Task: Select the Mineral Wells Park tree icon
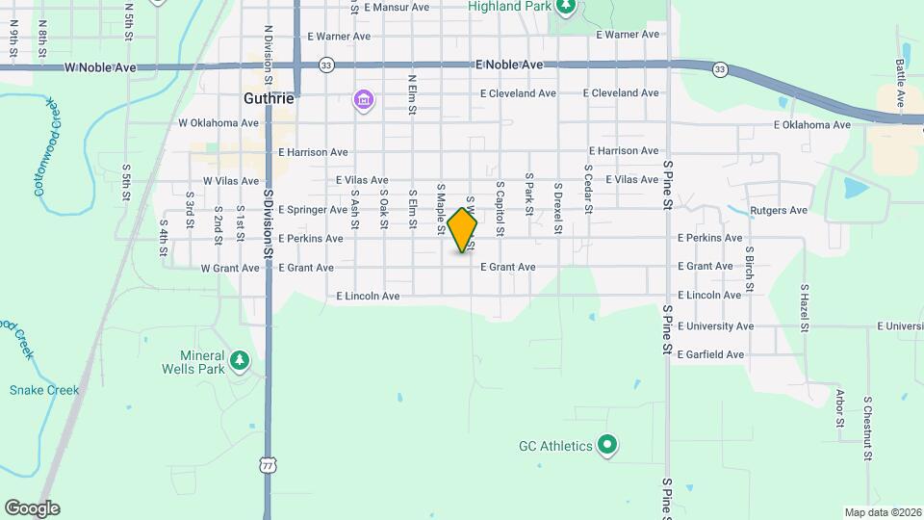239,362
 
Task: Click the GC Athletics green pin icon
607,445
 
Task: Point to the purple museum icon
363,100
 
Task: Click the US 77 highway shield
267,465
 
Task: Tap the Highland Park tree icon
567,8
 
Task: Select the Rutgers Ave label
779,210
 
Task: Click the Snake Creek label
44,390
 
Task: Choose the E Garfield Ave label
710,354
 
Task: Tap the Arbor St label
839,408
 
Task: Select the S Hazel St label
804,309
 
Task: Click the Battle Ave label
900,83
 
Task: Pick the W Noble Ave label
101,68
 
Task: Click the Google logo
31,508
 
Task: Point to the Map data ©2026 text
882,512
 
